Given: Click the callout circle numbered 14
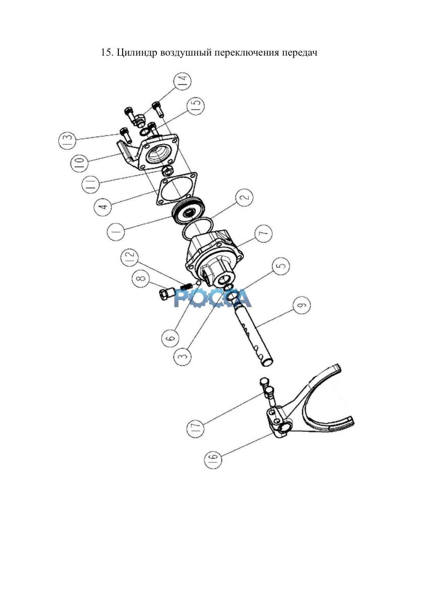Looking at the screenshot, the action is (x=182, y=81).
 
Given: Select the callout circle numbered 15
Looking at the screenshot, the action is (x=196, y=107).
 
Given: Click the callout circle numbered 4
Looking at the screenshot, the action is (x=103, y=207).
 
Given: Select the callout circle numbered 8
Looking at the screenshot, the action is (x=141, y=279).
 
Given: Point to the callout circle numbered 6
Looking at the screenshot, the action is (x=170, y=338).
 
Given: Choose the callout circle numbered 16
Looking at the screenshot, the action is (x=213, y=459).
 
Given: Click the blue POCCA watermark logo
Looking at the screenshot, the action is (x=213, y=298).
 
